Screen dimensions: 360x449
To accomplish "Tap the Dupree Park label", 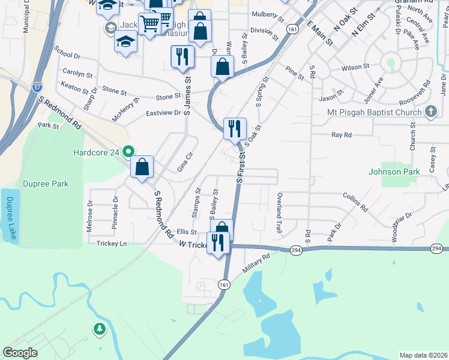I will point(46,184).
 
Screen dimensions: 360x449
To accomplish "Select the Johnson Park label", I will point(394,172).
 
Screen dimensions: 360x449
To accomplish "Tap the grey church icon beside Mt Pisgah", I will point(430,112).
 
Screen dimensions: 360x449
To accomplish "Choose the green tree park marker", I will point(99,328).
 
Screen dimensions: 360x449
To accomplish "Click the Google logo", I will point(20,352).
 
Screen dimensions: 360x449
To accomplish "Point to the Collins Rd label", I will point(355,202).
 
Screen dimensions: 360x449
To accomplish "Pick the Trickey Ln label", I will point(112,243).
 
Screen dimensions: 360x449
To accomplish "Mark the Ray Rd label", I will point(341,135).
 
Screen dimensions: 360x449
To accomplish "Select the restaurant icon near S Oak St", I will point(234,127).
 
